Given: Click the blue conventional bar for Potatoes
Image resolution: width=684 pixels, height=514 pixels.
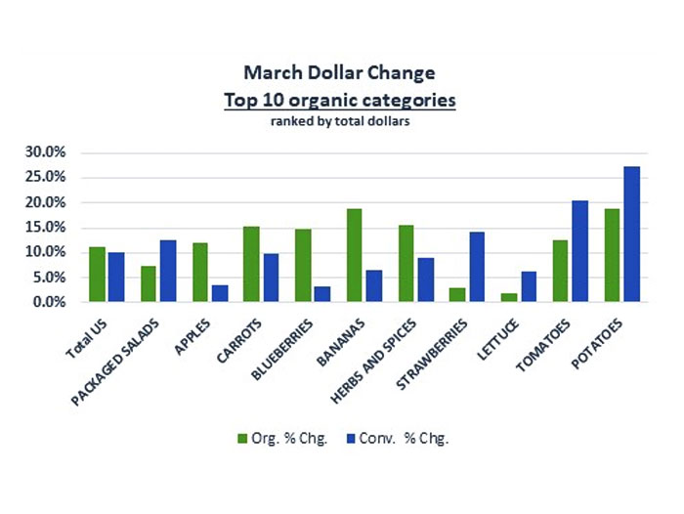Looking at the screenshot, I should pos(632,235).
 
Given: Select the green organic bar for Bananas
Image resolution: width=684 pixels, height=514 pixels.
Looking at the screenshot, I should pos(354,255).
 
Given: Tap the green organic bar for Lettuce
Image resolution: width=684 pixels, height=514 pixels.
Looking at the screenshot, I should pos(508,297).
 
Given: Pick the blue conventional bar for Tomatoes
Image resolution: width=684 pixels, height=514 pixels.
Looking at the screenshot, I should pos(580,251).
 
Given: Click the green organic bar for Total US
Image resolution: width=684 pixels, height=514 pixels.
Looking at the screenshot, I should pos(97,275).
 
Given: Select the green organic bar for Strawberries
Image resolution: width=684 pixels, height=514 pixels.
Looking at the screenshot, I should pos(456,295).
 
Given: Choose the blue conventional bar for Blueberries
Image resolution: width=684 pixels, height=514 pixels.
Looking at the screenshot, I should pos(322,294).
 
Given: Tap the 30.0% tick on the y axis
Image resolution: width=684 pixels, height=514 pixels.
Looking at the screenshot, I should pos(46,152).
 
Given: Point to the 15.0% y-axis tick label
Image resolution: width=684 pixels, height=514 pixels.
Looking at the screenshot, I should pos(46,228).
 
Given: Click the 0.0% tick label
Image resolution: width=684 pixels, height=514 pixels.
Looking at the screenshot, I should pos(50,302).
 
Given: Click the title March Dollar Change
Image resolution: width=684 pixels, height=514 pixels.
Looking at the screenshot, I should pos(340,73).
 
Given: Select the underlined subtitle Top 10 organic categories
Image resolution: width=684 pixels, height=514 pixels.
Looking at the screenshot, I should pos(340,100).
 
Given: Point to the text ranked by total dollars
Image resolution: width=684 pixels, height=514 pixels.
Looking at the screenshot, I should pos(340,122).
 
